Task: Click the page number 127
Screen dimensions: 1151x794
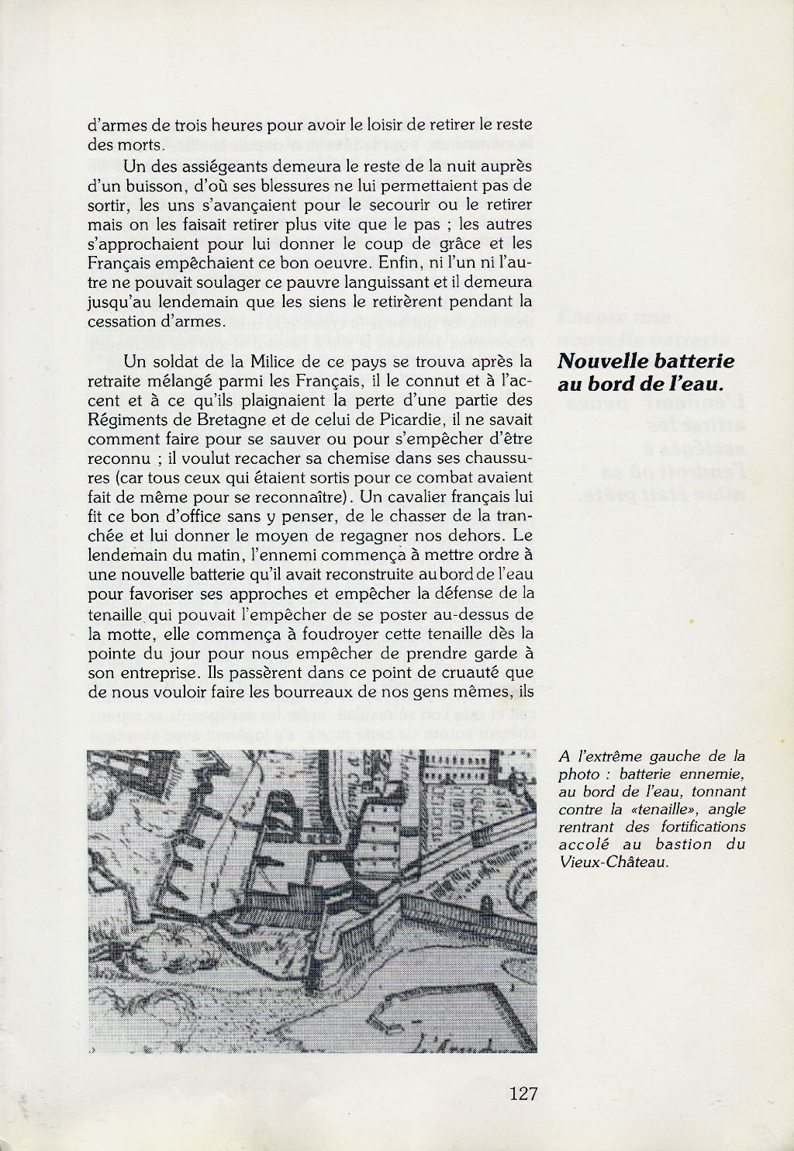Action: pos(524,1094)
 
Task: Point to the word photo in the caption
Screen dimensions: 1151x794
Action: pos(575,774)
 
